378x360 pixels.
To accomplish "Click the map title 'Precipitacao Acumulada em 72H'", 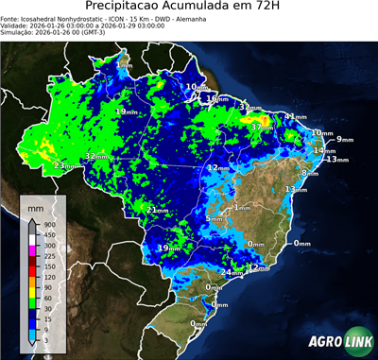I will point(188,8).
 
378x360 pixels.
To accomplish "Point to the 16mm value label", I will point(216,98).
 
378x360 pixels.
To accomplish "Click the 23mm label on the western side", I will point(63,165).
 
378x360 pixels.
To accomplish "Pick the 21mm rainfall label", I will point(157,209).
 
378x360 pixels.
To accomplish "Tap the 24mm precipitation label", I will point(227,273).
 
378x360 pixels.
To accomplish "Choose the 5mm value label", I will point(215,219).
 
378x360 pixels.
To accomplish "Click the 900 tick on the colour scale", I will point(47,224).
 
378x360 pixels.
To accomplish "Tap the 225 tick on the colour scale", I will point(47,255).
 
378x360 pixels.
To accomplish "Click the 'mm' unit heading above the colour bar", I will point(36,205).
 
